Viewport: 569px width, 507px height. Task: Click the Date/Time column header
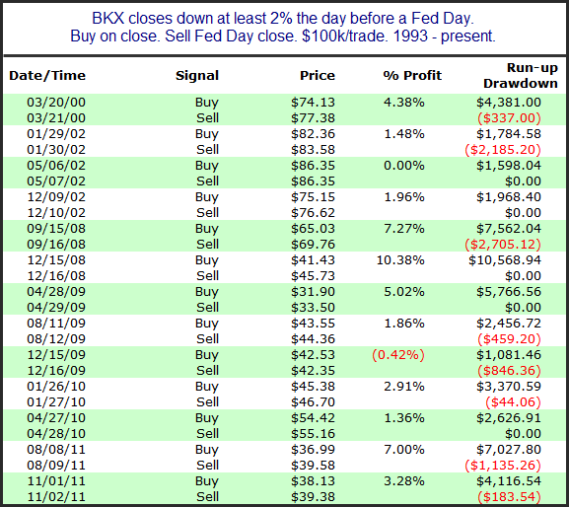coord(47,76)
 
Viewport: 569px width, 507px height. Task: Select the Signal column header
coord(197,76)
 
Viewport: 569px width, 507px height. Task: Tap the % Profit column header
coord(412,76)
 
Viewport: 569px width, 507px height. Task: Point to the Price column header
coord(318,76)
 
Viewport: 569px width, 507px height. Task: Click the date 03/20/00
coord(56,102)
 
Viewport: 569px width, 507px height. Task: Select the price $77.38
coord(313,118)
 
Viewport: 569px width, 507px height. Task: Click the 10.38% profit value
coord(400,259)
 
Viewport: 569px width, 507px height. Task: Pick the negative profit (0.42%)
coord(398,354)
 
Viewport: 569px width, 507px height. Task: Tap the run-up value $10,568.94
coord(504,259)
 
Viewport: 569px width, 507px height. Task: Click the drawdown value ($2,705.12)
coord(503,245)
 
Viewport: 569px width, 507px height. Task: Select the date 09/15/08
coord(56,228)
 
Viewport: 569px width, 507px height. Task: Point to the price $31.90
coord(313,291)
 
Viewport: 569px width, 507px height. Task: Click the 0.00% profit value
coord(404,166)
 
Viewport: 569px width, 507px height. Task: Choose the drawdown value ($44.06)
coord(513,402)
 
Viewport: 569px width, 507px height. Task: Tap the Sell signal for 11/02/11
coord(207,496)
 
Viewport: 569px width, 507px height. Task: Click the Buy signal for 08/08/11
coord(206,449)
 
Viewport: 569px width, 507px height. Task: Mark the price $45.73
coord(313,276)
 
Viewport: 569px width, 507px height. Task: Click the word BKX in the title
coord(107,18)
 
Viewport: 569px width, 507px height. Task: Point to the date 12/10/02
coord(56,213)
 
